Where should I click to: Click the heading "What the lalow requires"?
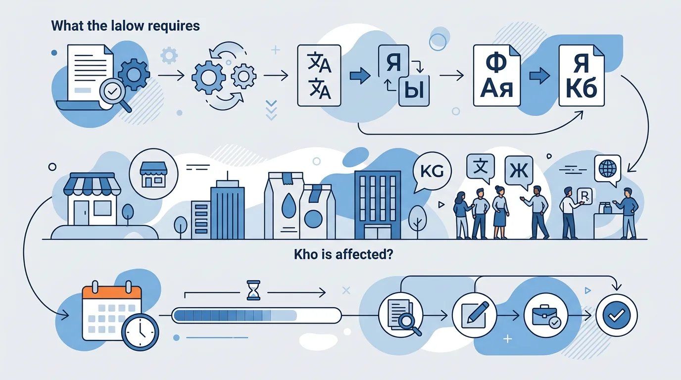[x=126, y=26]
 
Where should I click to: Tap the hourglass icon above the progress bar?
[x=252, y=290]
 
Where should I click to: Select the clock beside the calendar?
[x=140, y=332]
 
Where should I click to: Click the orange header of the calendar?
[x=112, y=292]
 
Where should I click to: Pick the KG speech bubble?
[x=432, y=172]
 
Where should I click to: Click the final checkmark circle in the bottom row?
[x=617, y=315]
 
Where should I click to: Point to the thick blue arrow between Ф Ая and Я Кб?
[x=539, y=77]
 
